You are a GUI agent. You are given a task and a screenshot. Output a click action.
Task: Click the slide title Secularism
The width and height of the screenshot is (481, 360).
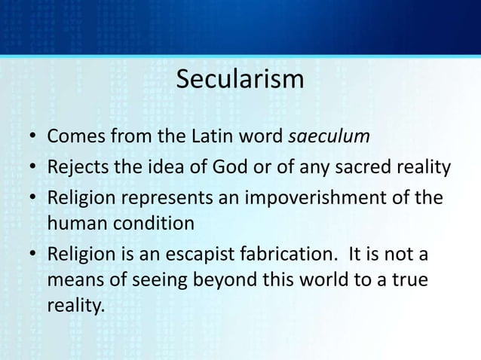click(x=240, y=79)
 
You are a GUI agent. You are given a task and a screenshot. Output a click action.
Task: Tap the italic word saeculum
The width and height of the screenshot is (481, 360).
click(x=330, y=138)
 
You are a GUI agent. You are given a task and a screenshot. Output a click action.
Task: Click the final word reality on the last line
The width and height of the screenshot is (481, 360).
click(x=74, y=308)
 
